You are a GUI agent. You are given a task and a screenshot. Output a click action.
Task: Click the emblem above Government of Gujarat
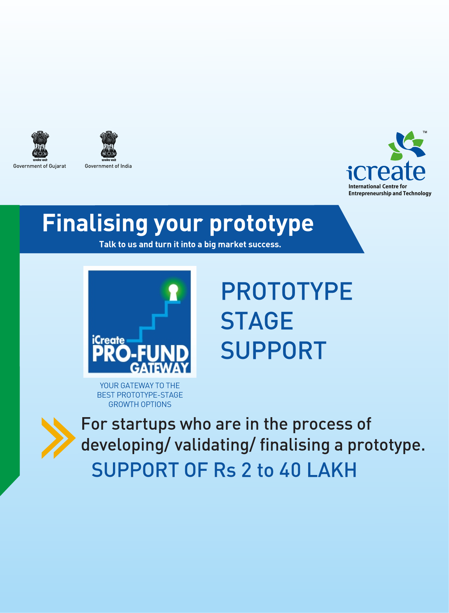tap(40, 146)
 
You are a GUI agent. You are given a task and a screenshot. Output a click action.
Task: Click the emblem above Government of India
tap(108, 146)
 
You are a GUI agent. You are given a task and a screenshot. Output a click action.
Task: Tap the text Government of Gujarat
tap(39, 166)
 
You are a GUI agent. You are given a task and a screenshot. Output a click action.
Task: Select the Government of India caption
tap(108, 166)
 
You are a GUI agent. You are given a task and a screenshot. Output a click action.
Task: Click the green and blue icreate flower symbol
tap(407, 145)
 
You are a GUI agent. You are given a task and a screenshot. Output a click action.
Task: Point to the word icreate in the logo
tap(386, 171)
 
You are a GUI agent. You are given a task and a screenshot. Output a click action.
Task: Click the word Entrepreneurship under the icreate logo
tap(370, 193)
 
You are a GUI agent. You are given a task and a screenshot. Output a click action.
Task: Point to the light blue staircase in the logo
tap(153, 321)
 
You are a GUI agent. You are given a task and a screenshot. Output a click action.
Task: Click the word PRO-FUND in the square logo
tap(140, 354)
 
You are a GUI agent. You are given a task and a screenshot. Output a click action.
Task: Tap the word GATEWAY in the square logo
tap(160, 368)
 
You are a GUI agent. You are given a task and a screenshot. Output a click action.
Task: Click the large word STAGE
tap(257, 321)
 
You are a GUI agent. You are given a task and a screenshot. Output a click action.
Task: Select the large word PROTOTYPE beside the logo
tap(287, 292)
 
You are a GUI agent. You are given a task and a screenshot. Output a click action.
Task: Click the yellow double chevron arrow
tap(58, 438)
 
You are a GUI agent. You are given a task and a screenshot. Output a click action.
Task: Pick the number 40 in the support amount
tap(290, 470)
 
